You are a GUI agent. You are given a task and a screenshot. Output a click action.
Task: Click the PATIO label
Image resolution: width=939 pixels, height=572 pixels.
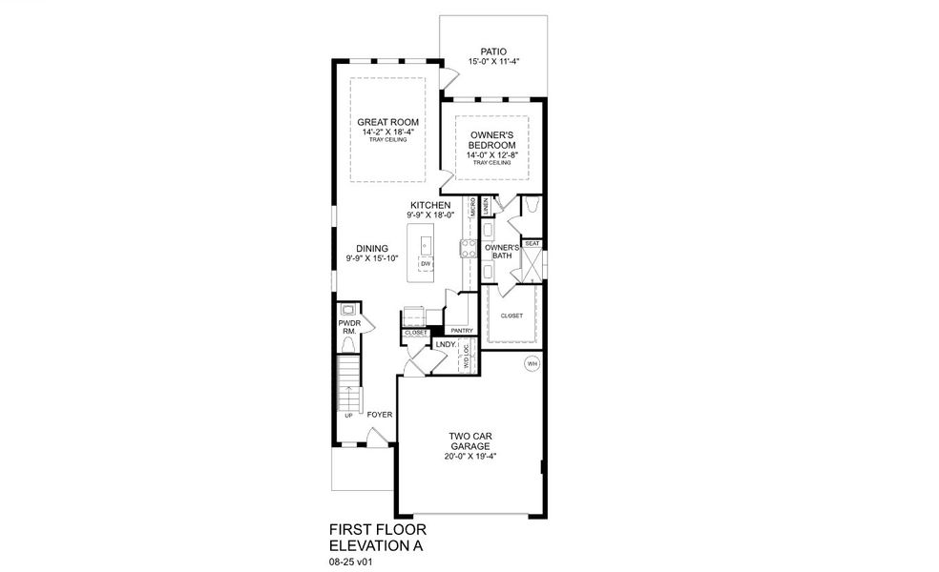(x=492, y=51)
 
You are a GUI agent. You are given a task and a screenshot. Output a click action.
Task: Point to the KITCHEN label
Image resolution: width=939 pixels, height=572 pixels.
(x=430, y=205)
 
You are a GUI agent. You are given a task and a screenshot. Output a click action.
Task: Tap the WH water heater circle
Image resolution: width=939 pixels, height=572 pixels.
(x=532, y=364)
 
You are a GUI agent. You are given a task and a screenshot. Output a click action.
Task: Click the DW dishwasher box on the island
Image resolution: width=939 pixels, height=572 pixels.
(x=426, y=264)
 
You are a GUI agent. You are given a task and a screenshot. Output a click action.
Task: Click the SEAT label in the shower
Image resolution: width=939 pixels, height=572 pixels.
(x=532, y=244)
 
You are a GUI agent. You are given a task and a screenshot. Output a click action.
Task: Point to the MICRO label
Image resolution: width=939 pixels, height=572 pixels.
(x=472, y=207)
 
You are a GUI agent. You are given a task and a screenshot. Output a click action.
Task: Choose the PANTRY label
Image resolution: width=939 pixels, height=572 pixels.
(x=462, y=331)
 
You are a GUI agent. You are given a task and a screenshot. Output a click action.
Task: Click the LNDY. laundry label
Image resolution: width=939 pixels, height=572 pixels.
(x=445, y=344)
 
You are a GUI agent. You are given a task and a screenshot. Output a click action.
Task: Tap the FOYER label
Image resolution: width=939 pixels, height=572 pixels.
(x=380, y=415)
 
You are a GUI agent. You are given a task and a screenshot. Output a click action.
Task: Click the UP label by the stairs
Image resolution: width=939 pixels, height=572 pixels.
(x=348, y=416)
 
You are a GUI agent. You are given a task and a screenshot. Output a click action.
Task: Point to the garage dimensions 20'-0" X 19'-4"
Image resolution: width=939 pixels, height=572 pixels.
(x=471, y=455)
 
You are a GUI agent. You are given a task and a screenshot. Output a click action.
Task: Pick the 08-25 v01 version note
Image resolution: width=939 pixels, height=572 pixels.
(x=350, y=562)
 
